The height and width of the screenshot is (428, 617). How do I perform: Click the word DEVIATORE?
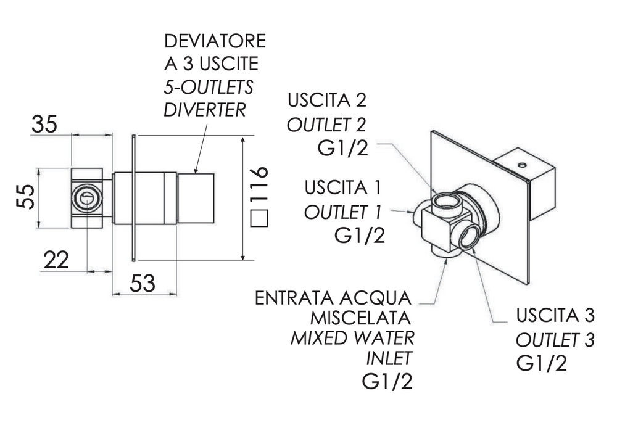point(214,42)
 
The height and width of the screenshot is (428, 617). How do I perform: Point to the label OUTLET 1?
point(343,213)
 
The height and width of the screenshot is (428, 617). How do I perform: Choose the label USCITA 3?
point(556,316)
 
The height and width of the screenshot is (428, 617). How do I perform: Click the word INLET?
point(389,358)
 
